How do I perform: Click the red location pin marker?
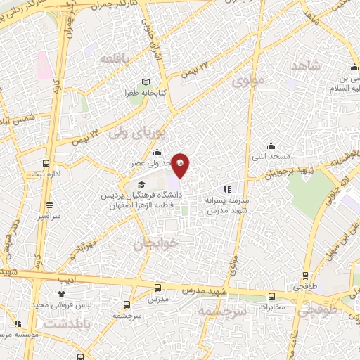[181, 164]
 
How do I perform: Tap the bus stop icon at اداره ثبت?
[46, 162]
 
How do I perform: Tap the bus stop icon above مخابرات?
[271, 296]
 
